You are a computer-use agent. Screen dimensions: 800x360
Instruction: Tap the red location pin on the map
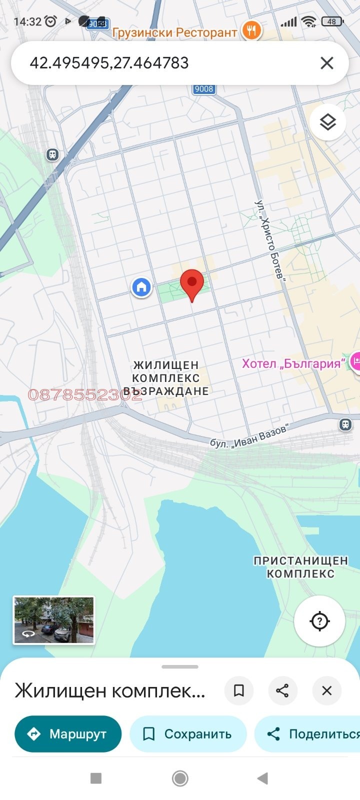point(192,283)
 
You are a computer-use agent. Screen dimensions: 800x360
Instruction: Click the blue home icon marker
point(141,287)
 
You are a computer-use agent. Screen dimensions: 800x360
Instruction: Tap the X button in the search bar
point(327,63)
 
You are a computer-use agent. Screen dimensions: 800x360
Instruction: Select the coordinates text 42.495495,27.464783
point(109,63)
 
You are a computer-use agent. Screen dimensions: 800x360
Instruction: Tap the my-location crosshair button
point(319,621)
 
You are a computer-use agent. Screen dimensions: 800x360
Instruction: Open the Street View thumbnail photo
point(53,620)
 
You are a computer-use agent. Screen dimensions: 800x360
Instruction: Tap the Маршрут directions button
point(68,734)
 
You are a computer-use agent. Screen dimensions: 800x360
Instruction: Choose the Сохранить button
point(188,734)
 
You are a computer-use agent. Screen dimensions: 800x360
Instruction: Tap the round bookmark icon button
point(239,690)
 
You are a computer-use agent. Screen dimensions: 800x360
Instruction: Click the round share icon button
point(282,690)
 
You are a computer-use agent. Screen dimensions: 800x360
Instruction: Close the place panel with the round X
point(326,690)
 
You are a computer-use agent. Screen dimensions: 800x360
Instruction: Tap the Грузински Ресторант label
point(174,32)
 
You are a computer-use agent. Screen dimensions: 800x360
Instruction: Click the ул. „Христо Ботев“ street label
point(270,240)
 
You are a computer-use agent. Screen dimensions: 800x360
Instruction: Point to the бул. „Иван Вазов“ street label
point(248,436)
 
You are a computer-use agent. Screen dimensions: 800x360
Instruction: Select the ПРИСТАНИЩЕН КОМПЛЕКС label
point(300,567)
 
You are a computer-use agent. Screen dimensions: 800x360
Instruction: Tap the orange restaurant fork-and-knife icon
point(251,30)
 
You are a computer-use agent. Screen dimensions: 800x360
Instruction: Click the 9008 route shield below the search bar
point(204,89)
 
